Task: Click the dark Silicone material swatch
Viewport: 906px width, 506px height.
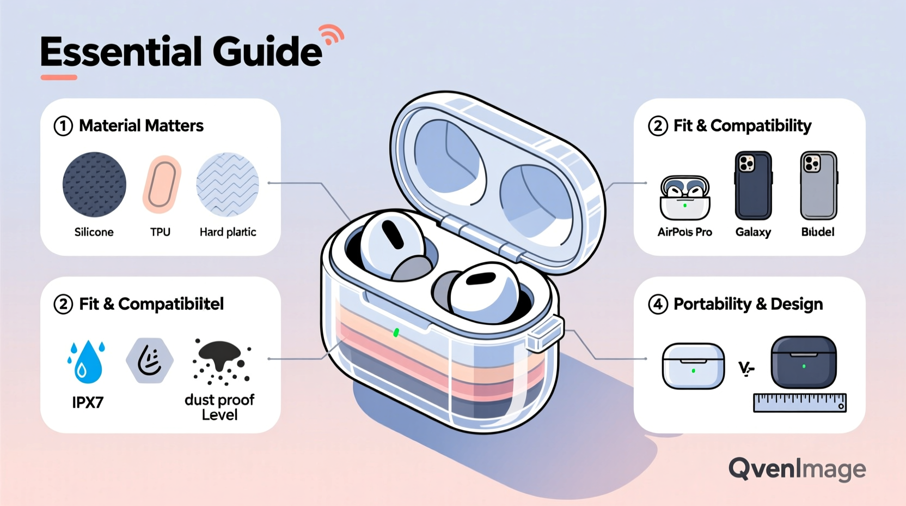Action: click(94, 184)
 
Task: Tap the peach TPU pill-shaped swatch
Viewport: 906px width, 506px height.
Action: click(162, 184)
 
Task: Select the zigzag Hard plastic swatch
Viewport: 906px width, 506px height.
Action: click(228, 184)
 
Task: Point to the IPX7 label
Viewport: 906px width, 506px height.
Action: click(88, 402)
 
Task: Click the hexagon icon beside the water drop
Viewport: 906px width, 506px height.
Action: click(149, 360)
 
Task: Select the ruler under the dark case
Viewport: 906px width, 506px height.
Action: click(799, 402)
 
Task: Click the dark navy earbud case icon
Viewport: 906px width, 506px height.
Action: click(803, 362)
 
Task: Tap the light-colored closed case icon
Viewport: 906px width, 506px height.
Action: click(693, 365)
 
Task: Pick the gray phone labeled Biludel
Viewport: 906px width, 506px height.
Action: click(818, 185)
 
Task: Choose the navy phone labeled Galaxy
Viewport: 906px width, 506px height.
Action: click(753, 185)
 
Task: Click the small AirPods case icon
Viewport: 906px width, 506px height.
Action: click(684, 197)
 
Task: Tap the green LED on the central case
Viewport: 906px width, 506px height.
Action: click(396, 332)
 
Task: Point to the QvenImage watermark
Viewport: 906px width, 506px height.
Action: click(797, 469)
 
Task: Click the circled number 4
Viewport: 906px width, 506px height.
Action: click(658, 304)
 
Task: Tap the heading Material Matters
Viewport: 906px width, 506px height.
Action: click(141, 126)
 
